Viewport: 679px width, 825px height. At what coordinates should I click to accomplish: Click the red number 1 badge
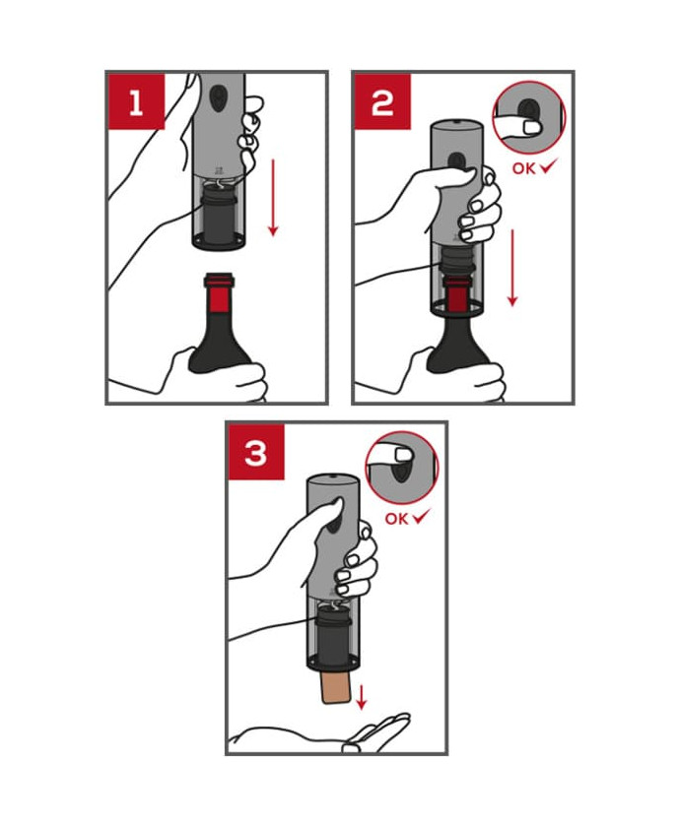click(x=136, y=101)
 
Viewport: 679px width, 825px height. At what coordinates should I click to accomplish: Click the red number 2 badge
click(x=382, y=101)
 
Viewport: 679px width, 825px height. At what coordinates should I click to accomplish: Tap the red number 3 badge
click(x=256, y=452)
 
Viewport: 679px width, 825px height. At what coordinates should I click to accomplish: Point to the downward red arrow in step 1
click(x=273, y=197)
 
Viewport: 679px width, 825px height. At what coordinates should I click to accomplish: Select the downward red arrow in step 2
click(x=512, y=267)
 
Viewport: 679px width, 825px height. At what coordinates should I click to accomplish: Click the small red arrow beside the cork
click(x=362, y=697)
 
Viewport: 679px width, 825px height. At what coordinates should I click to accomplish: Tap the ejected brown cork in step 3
click(x=336, y=686)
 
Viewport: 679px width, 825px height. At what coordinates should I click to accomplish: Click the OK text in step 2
click(x=524, y=168)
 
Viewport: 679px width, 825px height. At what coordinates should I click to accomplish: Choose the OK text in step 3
click(x=396, y=518)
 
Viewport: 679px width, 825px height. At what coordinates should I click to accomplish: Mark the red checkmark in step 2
click(x=548, y=167)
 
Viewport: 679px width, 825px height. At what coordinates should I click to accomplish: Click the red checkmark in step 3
click(x=421, y=517)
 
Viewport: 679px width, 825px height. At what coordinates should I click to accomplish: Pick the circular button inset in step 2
click(x=528, y=117)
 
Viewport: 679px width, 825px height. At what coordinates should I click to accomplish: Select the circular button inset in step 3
click(x=402, y=468)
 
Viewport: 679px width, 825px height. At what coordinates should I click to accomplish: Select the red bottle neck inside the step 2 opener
click(x=456, y=297)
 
